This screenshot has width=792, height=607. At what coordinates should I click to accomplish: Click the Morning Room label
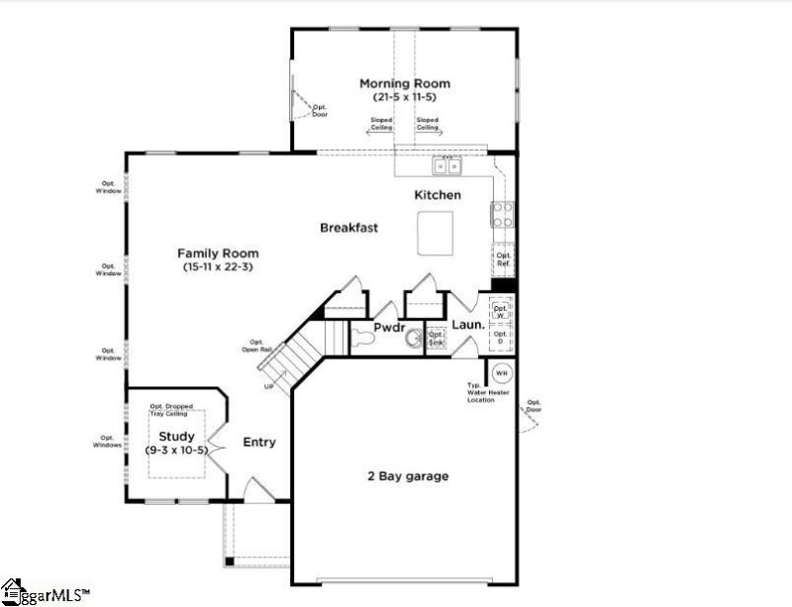(x=404, y=83)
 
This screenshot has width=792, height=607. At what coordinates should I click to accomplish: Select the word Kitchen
(x=437, y=195)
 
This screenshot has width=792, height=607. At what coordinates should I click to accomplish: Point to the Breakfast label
(x=348, y=228)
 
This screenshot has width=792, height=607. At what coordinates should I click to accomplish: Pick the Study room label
(x=177, y=436)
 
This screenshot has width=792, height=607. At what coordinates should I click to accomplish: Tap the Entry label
(x=259, y=442)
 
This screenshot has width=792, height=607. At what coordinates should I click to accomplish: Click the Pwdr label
(x=386, y=325)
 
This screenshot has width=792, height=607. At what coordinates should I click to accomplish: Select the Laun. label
(x=466, y=324)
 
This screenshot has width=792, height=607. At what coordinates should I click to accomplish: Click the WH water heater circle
(x=501, y=373)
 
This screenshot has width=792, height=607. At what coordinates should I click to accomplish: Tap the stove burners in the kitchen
(x=503, y=215)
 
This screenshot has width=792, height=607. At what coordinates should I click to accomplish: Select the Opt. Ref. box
(x=503, y=259)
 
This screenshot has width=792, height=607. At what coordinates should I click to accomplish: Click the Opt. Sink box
(x=437, y=339)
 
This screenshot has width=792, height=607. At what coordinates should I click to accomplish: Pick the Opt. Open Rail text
(x=255, y=346)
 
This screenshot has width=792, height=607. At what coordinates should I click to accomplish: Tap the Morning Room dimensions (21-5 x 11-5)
(x=404, y=97)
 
